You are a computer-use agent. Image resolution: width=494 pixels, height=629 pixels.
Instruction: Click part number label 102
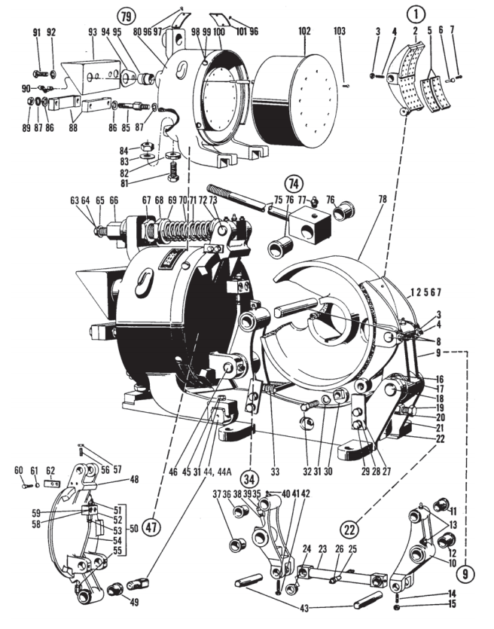click(304, 33)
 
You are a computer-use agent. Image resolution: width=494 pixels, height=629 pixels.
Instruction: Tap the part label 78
click(383, 198)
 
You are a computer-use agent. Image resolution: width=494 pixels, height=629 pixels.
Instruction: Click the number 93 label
click(93, 33)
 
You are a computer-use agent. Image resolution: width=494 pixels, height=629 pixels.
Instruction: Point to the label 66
click(114, 200)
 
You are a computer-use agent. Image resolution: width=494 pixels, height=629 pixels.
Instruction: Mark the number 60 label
click(20, 471)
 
